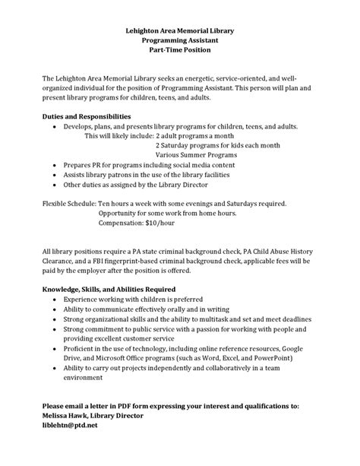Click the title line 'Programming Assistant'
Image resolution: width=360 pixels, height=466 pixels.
click(x=180, y=40)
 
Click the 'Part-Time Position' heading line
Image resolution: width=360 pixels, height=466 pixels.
click(x=180, y=50)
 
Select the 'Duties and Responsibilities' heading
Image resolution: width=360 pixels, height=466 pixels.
click(x=90, y=116)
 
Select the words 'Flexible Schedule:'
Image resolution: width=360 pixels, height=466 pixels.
click(x=69, y=204)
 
